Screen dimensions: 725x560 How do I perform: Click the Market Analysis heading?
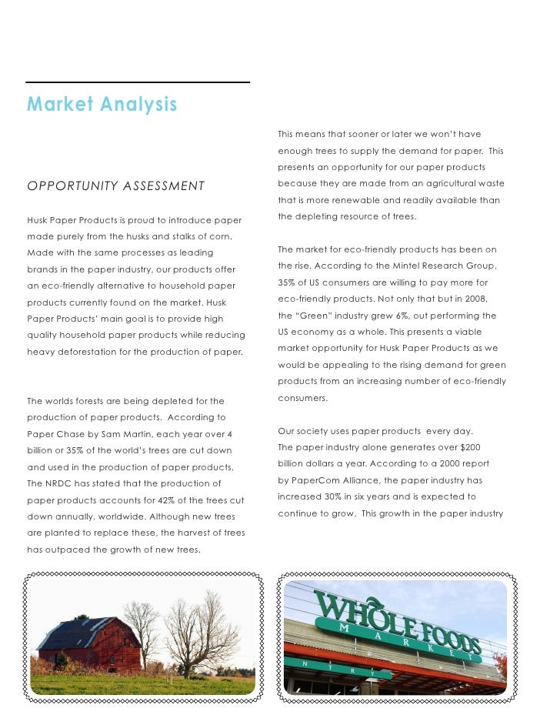[x=102, y=104]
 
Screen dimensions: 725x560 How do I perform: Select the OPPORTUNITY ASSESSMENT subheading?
[x=116, y=186]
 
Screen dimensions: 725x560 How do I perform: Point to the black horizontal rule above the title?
[x=138, y=82]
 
